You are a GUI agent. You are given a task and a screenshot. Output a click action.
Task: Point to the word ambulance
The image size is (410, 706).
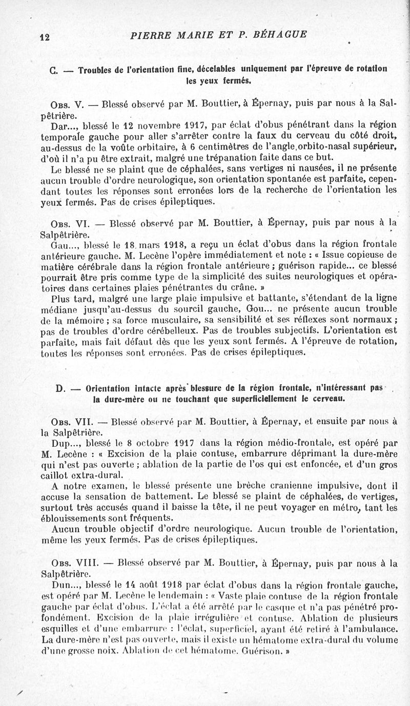(x=367, y=629)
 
